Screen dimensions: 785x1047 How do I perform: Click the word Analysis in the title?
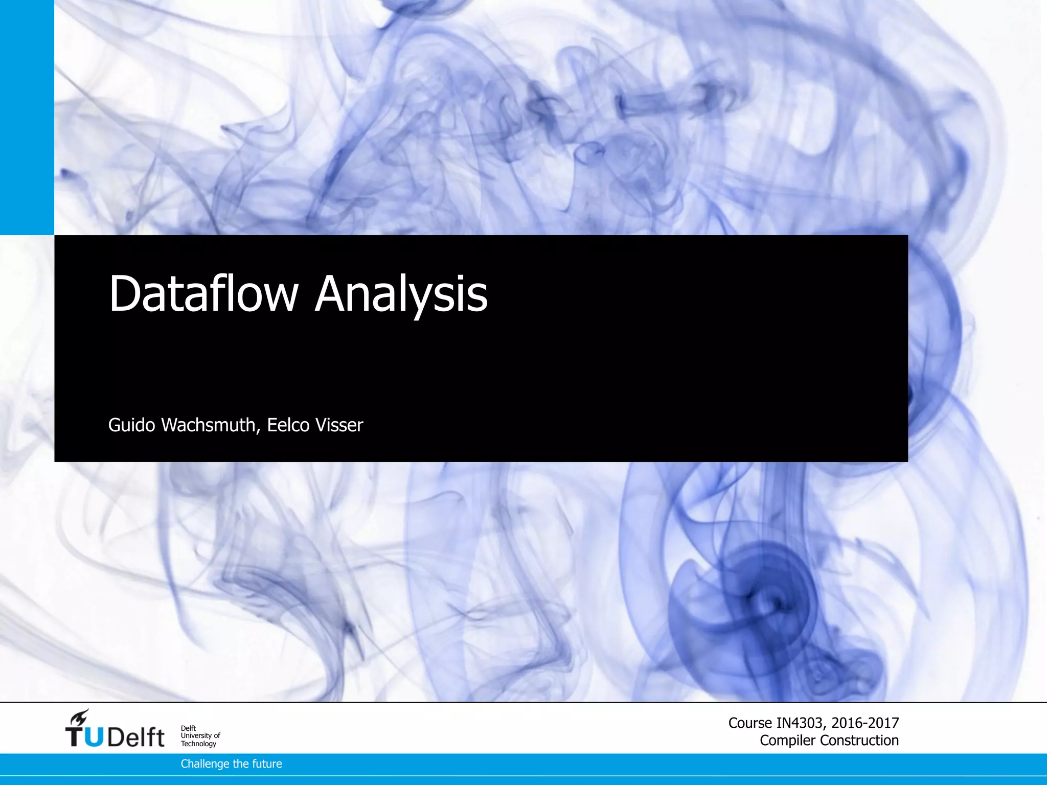coord(401,294)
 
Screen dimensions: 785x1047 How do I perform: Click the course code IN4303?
coord(800,723)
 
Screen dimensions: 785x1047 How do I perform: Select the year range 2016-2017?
coord(865,723)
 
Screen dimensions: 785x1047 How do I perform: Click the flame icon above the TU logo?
coord(80,717)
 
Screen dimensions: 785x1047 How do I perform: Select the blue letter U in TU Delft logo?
coord(93,737)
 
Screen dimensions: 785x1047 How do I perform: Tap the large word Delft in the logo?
coord(136,737)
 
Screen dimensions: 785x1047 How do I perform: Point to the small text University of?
coord(200,735)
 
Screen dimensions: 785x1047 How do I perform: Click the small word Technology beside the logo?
coord(198,744)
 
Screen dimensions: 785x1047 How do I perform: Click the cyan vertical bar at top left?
coord(27,118)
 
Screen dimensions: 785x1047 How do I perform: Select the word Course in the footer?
coord(750,723)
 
